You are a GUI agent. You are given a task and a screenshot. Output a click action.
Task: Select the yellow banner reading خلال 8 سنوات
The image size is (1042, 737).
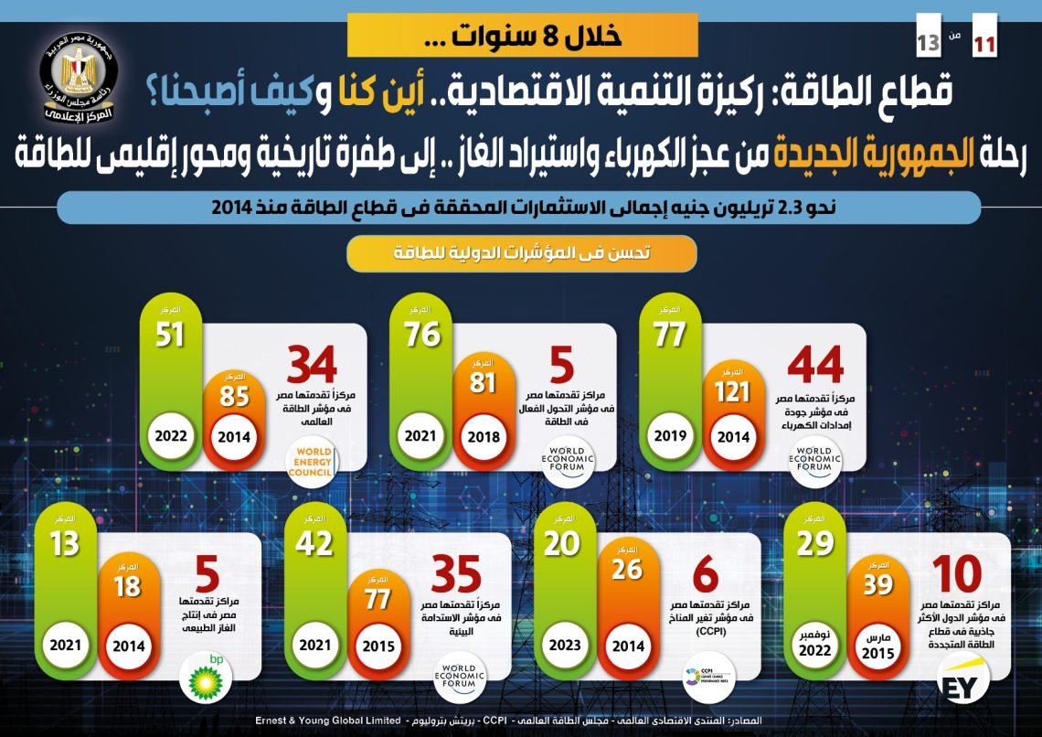click(x=523, y=35)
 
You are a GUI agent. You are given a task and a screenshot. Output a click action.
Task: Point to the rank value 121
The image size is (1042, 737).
click(x=731, y=391)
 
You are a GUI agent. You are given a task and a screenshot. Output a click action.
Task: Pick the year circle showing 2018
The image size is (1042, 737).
click(x=482, y=435)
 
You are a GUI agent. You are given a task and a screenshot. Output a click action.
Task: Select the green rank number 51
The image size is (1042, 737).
click(x=170, y=335)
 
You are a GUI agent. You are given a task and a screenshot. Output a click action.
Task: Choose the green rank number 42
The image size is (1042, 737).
click(x=316, y=543)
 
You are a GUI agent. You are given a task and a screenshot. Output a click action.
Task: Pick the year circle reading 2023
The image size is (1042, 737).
click(x=565, y=644)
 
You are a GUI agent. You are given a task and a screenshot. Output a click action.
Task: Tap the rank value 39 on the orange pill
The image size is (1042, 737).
click(x=877, y=585)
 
